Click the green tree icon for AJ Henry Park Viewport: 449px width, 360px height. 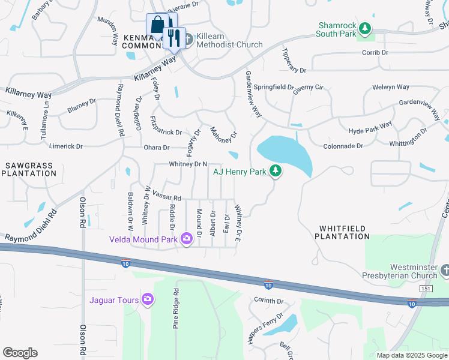276,172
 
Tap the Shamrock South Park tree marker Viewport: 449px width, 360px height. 364,28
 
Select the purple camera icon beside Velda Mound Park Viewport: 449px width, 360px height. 186,239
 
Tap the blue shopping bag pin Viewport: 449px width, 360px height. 157,26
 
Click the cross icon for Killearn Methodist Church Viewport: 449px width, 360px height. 188,40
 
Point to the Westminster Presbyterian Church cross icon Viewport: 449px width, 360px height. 445,272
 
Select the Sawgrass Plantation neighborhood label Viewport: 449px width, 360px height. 29,169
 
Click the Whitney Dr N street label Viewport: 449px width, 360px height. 188,164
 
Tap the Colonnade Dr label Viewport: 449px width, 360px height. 343,146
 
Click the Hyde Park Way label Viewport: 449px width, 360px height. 370,127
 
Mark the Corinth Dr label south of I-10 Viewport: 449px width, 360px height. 268,301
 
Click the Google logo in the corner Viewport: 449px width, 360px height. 20,352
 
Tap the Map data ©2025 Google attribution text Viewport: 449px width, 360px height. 411,355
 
